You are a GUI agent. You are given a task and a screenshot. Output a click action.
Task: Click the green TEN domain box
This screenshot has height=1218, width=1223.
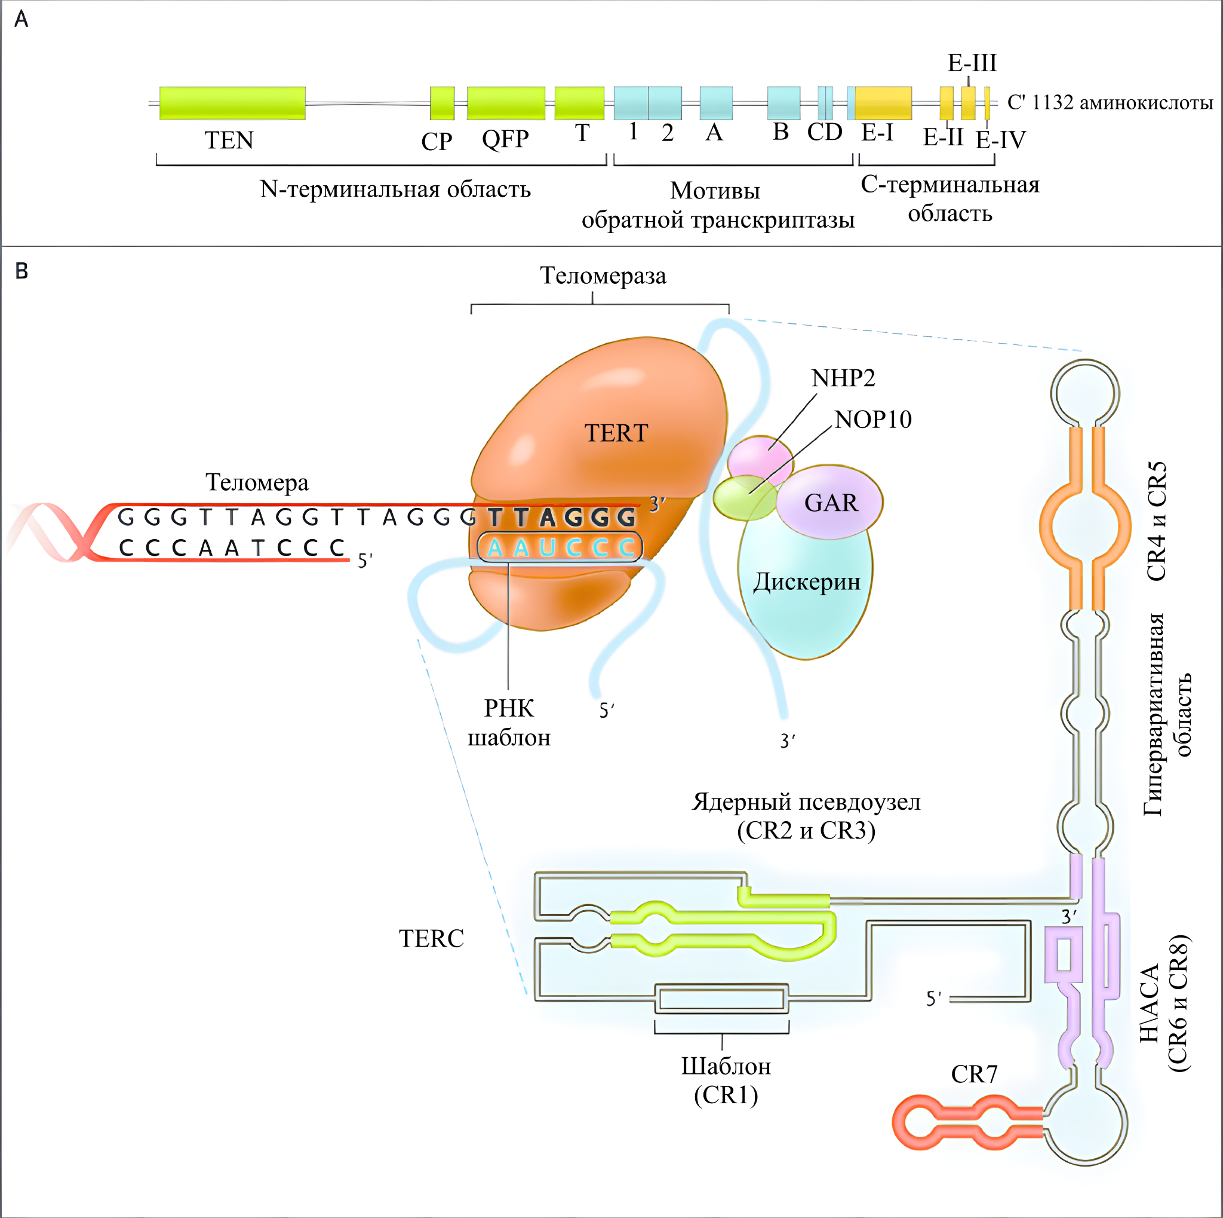[x=232, y=103]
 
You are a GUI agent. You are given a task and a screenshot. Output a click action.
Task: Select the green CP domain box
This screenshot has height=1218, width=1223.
[x=442, y=103]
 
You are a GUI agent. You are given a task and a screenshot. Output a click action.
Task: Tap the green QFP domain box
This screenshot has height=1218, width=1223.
[x=506, y=103]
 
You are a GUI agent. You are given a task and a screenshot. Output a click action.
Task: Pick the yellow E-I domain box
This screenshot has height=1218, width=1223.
[x=883, y=103]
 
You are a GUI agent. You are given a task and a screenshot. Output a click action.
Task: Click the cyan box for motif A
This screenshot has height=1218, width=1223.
[x=716, y=103]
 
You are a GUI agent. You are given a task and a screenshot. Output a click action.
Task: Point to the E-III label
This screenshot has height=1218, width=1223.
[x=972, y=63]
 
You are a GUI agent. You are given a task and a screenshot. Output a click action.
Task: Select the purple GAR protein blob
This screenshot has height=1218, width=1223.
[x=829, y=501]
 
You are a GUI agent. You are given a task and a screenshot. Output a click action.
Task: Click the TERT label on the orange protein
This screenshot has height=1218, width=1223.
[x=616, y=433]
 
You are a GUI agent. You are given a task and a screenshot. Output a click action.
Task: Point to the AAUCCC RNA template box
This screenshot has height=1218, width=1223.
[x=560, y=547]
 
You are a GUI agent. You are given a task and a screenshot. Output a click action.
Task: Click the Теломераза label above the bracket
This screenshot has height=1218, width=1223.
[x=603, y=276]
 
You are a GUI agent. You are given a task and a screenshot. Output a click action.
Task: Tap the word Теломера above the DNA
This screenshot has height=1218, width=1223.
[x=257, y=483]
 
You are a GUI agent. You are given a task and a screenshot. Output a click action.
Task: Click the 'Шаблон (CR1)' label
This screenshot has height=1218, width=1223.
[x=726, y=1081]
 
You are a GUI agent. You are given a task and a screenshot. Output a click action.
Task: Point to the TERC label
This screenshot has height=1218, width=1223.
[x=431, y=939]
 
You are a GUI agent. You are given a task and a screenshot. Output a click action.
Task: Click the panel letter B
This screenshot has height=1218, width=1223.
[x=21, y=271]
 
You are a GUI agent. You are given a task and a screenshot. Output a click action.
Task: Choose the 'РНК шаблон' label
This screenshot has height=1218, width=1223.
[x=509, y=723]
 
